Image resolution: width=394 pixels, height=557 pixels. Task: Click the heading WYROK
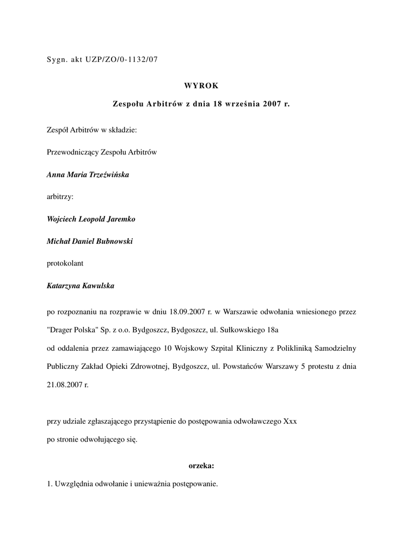(x=201, y=85)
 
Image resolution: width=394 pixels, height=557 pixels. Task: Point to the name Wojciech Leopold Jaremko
(x=91, y=219)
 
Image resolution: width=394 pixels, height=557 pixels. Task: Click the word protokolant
(x=65, y=263)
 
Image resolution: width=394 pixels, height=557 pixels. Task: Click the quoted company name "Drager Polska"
(x=74, y=330)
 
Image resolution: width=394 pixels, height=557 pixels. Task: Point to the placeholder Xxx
(x=290, y=421)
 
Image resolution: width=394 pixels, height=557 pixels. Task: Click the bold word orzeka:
(x=201, y=466)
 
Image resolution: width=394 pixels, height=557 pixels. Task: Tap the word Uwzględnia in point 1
(x=72, y=484)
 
